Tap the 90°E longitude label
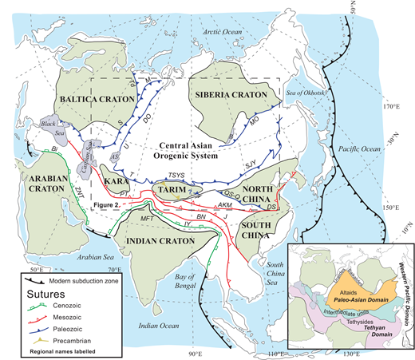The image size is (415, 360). tap(193, 352)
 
